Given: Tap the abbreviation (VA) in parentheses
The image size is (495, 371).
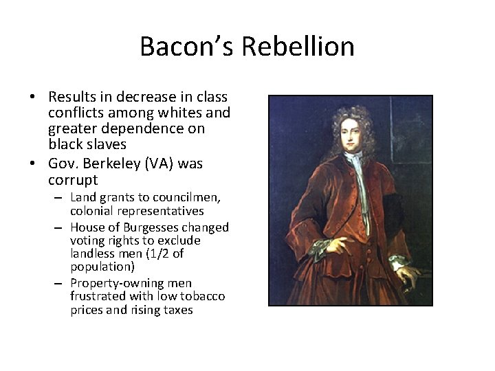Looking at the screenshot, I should click(160, 164).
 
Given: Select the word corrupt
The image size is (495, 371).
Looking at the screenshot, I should click(73, 180).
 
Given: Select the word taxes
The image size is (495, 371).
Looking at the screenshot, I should click(177, 310).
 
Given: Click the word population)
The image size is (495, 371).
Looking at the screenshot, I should click(102, 267).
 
